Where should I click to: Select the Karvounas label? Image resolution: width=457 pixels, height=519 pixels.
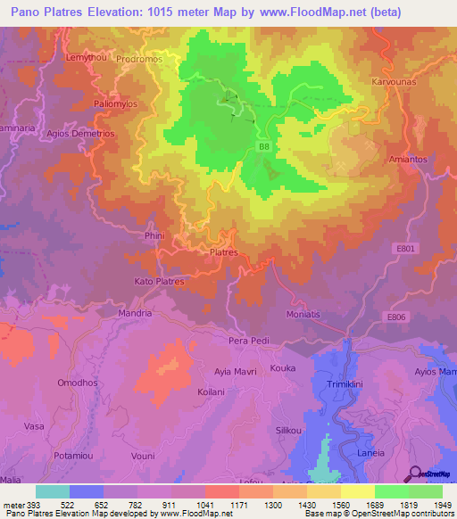pos(392,81)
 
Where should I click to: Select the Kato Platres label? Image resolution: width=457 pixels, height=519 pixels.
pos(159,282)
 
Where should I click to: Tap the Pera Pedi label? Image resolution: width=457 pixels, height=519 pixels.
pos(249,341)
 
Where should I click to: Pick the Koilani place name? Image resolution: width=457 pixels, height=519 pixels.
pos(212,391)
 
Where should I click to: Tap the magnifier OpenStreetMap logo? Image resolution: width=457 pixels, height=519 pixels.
pos(417,474)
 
